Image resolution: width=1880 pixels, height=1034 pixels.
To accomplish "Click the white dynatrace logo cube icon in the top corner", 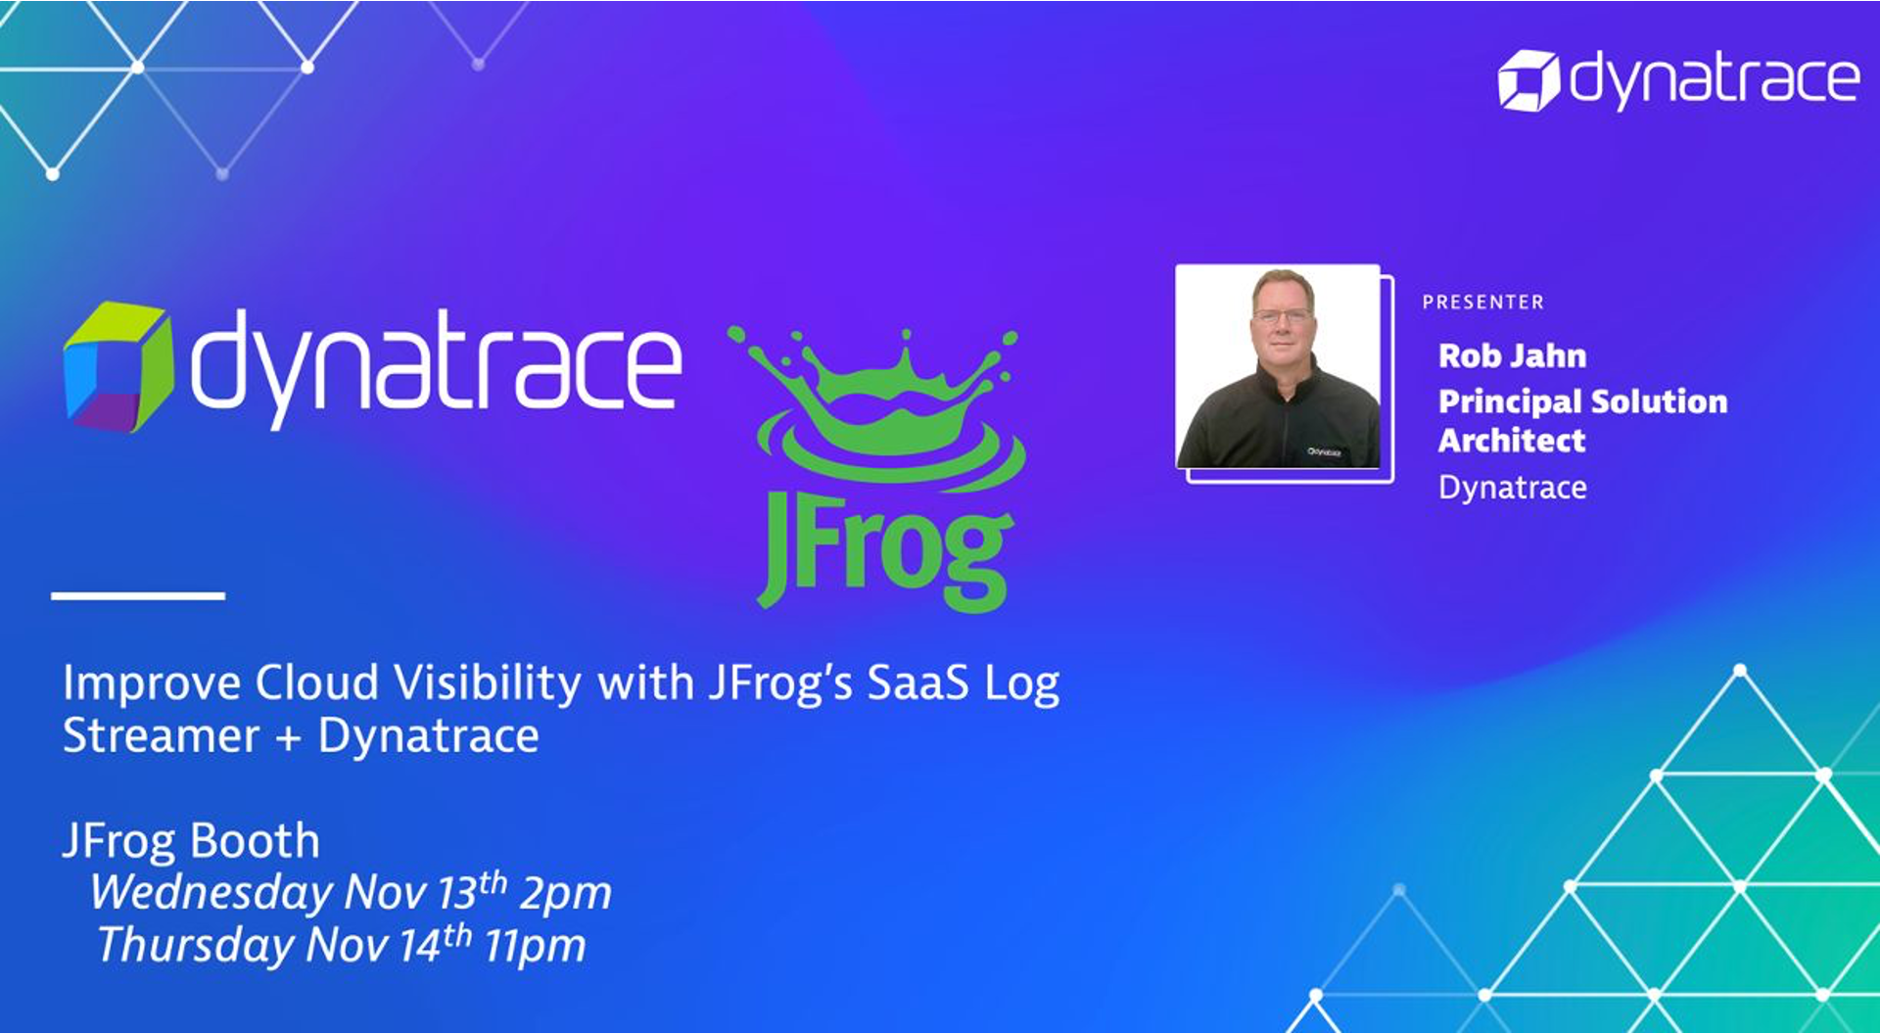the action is tap(1527, 80).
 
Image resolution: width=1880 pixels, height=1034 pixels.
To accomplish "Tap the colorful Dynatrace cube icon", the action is tap(118, 367).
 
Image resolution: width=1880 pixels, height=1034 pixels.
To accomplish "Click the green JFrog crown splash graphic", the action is tap(877, 406).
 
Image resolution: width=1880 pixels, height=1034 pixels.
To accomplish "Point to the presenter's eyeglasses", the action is tap(1282, 316).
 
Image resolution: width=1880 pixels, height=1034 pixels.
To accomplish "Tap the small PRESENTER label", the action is tap(1482, 303).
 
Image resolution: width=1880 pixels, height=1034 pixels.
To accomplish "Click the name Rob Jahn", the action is tap(1512, 355).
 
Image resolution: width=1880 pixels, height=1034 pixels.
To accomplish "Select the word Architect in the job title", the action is tap(1512, 441).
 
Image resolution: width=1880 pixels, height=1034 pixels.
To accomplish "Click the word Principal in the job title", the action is tap(1511, 401).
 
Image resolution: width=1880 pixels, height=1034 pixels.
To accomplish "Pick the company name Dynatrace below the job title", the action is tap(1513, 488).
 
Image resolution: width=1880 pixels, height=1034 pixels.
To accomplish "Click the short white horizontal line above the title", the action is tap(138, 595).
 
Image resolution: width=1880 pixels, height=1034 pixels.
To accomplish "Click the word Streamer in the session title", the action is tap(162, 735).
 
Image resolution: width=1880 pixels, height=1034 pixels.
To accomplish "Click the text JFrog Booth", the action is tap(191, 841).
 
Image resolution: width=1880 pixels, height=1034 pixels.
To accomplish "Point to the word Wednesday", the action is tap(211, 893).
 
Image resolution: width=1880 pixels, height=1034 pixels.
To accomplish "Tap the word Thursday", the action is tap(196, 946).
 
